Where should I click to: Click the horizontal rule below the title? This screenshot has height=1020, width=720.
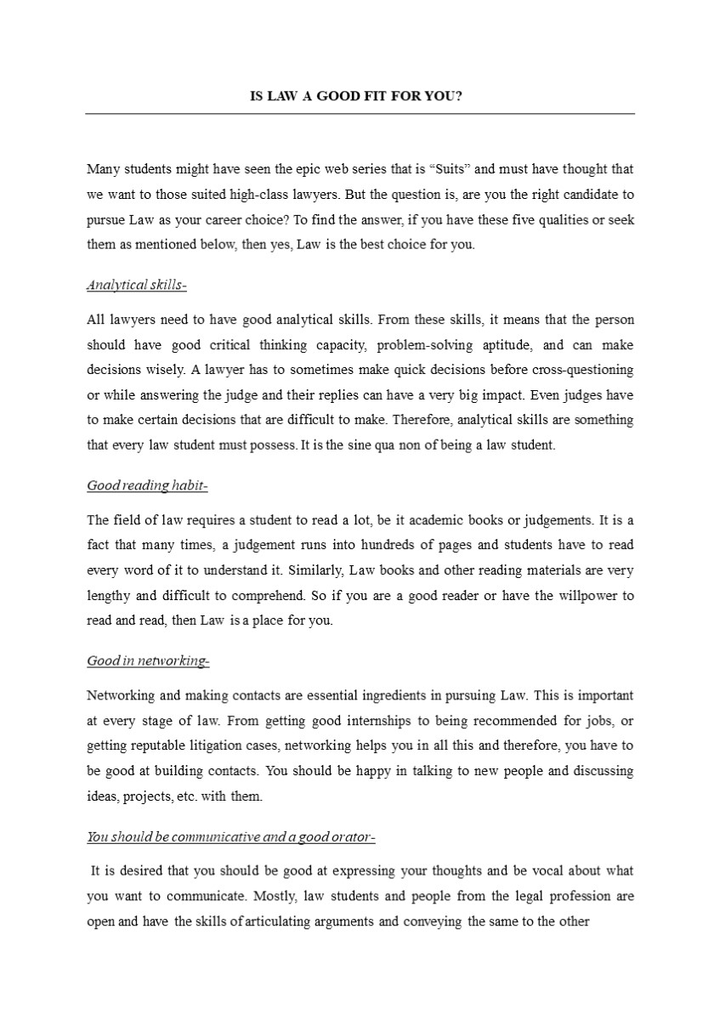coord(360,113)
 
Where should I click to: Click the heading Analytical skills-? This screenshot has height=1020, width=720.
coord(137,286)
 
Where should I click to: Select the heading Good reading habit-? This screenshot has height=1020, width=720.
coord(147,485)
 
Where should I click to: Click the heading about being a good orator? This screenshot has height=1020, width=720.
coord(230,837)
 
